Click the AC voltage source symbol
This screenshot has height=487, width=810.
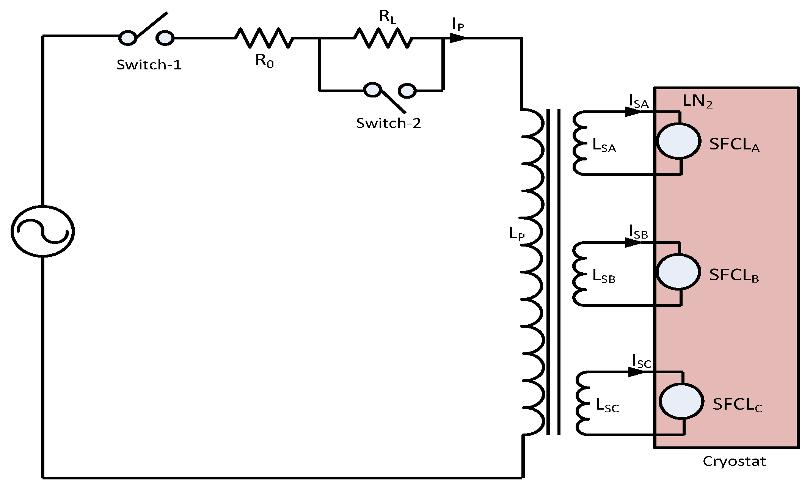(x=42, y=231)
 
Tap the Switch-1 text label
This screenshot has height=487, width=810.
(x=149, y=65)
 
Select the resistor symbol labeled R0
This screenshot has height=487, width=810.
(x=264, y=38)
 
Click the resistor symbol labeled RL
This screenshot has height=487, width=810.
(x=383, y=38)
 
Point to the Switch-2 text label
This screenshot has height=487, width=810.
(x=389, y=123)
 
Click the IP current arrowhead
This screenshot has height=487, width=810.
(x=457, y=38)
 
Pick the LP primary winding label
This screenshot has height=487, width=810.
(x=517, y=234)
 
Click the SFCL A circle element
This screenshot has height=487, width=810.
(x=678, y=141)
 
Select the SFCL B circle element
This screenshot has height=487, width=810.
(x=678, y=272)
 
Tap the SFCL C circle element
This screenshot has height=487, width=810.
(x=681, y=401)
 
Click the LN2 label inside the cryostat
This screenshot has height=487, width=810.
(x=697, y=102)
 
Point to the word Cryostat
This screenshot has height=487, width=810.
(x=734, y=462)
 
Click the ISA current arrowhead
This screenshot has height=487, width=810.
(x=633, y=112)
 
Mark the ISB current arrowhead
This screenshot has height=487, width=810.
(x=633, y=242)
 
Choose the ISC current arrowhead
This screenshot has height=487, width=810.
(x=636, y=372)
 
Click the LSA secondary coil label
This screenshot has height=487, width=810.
(x=604, y=146)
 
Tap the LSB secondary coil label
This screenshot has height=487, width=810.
(x=604, y=277)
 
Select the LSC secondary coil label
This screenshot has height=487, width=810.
(x=607, y=406)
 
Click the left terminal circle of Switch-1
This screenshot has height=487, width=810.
(x=128, y=38)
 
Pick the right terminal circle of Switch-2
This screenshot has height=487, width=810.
(x=407, y=90)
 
